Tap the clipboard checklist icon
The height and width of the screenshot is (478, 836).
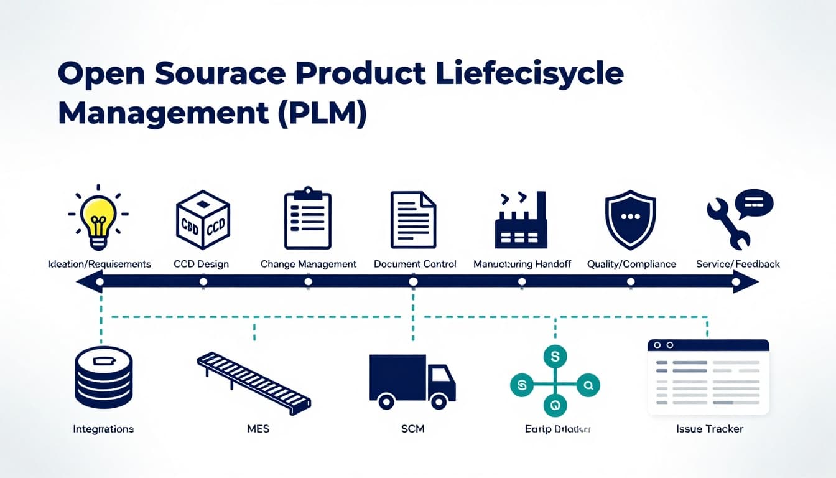tap(307, 218)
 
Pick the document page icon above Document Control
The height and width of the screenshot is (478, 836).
tap(413, 220)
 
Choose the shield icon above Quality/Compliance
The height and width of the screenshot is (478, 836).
tap(630, 220)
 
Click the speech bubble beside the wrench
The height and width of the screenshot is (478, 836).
tap(753, 203)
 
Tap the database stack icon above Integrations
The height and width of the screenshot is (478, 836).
tap(103, 378)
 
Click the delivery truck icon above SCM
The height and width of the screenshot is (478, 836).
tap(412, 381)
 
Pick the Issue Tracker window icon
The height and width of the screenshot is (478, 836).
tap(708, 377)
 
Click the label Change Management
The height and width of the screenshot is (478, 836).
tap(309, 264)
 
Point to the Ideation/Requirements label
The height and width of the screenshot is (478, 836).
tap(100, 264)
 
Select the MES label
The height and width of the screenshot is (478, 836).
tap(258, 429)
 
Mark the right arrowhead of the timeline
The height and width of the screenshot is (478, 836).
tap(749, 282)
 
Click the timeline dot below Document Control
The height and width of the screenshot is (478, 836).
tap(413, 282)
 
